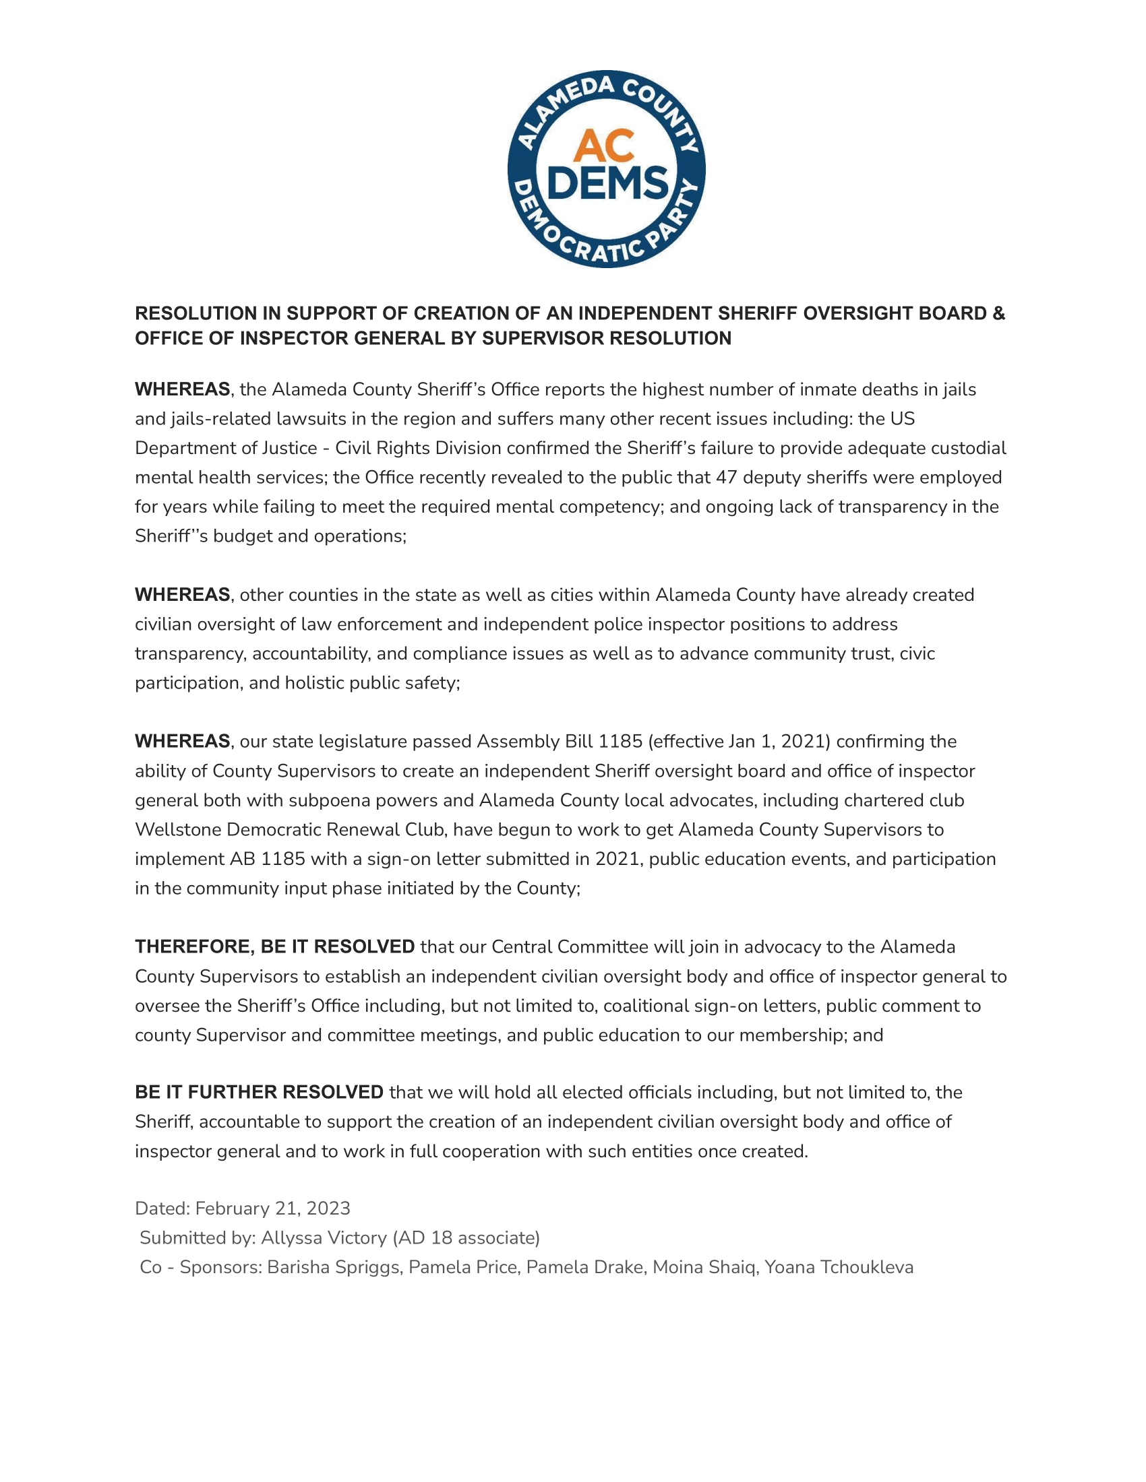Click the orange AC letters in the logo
(x=603, y=146)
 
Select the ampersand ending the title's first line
(x=998, y=313)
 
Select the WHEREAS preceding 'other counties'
(x=182, y=595)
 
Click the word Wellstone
(x=178, y=830)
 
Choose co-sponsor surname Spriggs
(x=366, y=1267)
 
